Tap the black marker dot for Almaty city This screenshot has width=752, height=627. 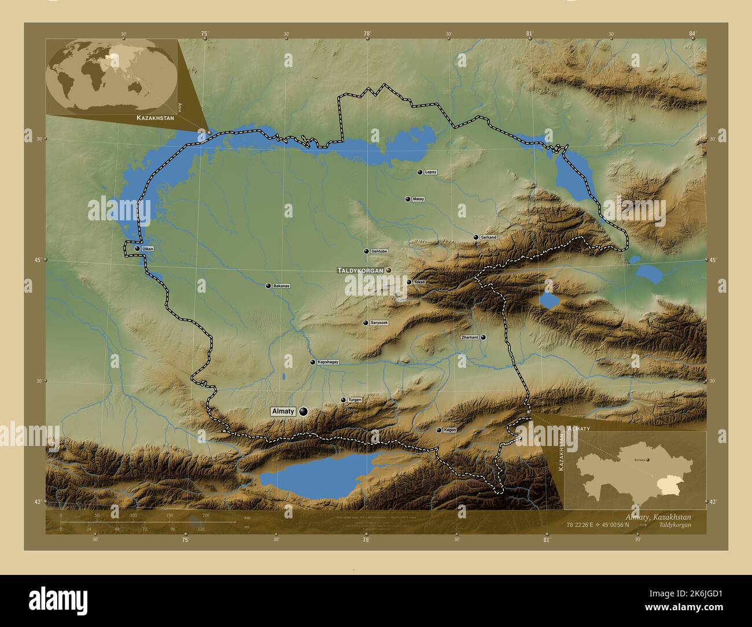pos(303,411)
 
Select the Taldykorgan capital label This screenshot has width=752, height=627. pos(360,270)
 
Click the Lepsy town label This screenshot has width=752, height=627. pos(430,172)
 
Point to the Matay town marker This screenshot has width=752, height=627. pos(408,199)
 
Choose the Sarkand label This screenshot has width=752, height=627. pos(488,237)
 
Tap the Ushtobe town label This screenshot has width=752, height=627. pos(379,251)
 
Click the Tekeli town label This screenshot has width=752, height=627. pos(419,282)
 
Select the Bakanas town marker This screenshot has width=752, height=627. pos(268,286)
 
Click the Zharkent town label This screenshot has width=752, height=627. pos(470,337)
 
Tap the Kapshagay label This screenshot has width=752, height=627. pos(327,362)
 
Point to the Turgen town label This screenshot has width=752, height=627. pos(355,400)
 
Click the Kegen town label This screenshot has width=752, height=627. pos(449,430)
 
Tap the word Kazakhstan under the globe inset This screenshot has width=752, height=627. pos(155,117)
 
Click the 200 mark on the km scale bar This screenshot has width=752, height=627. pos(205,515)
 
